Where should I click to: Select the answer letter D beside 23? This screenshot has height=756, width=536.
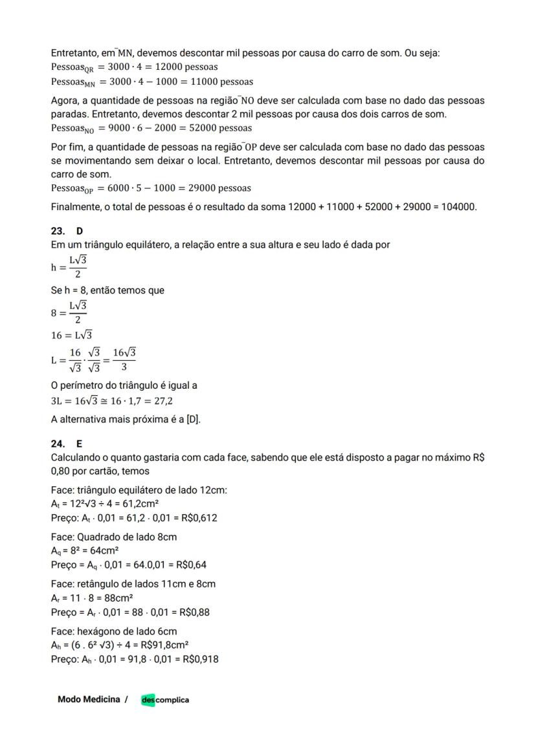(x=79, y=232)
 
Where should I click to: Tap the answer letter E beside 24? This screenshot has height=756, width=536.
(x=79, y=444)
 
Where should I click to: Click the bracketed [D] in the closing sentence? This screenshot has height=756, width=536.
(x=193, y=419)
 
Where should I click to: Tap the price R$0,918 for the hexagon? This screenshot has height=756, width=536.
(x=201, y=659)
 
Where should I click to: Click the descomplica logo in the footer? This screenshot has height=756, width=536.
(x=165, y=700)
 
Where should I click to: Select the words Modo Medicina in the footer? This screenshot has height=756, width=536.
(x=89, y=699)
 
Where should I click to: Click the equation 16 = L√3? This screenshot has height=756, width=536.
(x=71, y=335)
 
